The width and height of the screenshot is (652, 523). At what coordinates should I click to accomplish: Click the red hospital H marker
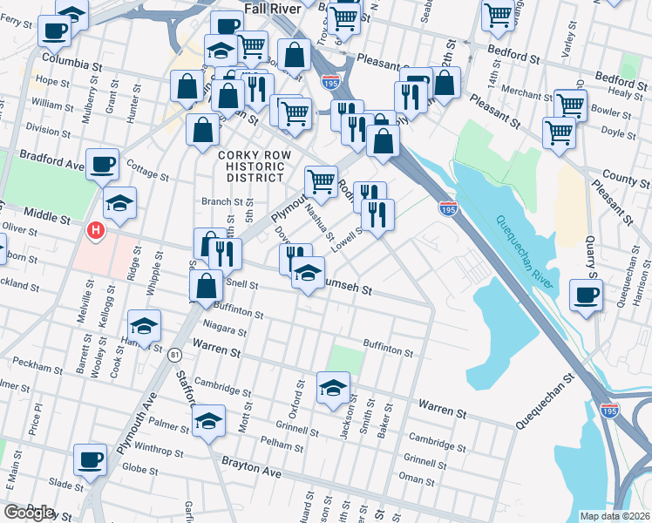coord(97,230)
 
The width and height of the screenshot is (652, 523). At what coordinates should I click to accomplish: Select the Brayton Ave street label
coord(252,467)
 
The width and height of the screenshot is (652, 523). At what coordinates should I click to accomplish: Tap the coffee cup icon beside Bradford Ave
coord(103,164)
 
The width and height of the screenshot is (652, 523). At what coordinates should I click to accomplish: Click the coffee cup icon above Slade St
coord(89,459)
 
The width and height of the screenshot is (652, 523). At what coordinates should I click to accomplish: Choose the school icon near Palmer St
coord(208,421)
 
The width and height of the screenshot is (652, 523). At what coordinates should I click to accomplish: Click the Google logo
coord(29,513)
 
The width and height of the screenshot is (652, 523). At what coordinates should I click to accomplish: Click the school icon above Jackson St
coord(332,388)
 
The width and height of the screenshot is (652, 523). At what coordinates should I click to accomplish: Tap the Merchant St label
coord(528,93)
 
